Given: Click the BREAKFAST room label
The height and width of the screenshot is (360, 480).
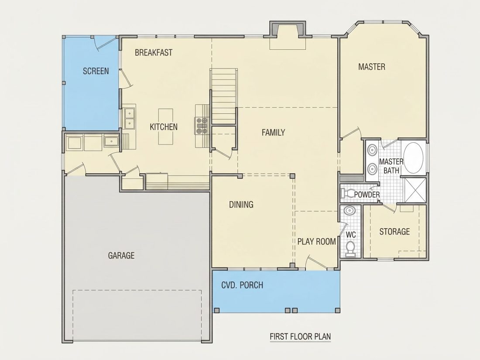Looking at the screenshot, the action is (x=153, y=53).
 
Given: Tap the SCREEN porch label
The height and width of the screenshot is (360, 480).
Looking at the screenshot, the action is (x=96, y=71).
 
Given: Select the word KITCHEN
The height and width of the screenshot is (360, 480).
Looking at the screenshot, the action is (x=164, y=127).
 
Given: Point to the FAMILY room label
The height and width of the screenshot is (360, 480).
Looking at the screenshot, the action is (x=273, y=133).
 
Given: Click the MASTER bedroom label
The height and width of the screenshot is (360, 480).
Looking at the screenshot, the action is (x=372, y=67).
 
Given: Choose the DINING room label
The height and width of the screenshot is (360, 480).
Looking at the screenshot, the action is (x=241, y=205).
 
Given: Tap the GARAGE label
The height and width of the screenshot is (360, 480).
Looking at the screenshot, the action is (x=121, y=255).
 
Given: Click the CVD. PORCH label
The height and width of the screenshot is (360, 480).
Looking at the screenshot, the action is (x=242, y=285).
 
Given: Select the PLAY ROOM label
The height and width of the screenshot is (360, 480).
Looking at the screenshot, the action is (x=316, y=242).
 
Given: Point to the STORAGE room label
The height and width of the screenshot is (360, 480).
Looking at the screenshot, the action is (x=394, y=232).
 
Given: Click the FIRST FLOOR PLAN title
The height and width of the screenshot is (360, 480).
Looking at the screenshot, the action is (x=300, y=336).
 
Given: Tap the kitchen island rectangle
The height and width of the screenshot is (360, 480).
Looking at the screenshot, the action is (x=166, y=127).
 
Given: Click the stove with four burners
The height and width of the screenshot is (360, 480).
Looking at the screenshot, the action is (x=202, y=126).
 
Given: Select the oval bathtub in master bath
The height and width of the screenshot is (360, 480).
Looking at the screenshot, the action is (x=413, y=158).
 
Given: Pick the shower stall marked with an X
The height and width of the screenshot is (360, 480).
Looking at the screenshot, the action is (x=415, y=190).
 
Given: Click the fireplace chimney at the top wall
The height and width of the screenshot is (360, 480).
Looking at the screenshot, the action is (x=288, y=29).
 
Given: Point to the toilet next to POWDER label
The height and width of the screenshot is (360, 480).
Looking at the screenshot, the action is (x=347, y=193).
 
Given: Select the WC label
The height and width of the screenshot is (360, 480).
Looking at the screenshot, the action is (x=351, y=235).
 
